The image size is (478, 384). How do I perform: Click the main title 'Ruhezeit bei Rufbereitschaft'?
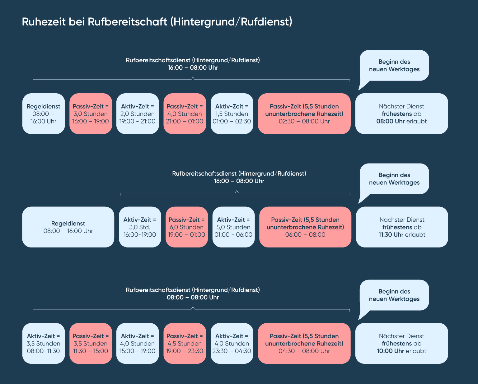tap(157, 22)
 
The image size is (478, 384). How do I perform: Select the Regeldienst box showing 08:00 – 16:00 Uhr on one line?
tap(68, 227)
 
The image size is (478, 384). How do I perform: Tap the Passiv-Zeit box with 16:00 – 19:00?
tap(91, 114)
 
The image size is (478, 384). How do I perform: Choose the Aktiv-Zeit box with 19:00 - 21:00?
tap(138, 114)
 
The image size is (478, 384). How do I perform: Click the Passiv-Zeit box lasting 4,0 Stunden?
tap(185, 114)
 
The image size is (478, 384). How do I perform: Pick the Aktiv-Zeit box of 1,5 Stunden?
tap(232, 114)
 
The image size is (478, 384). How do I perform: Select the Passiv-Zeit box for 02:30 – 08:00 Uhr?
tap(304, 114)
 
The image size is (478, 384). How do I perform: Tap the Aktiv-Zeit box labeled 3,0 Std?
tap(140, 227)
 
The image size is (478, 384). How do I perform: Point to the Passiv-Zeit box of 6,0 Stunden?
tap(187, 227)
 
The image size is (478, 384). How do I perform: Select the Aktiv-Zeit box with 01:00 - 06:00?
tap(233, 227)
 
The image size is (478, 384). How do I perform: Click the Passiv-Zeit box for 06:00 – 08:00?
tap(305, 227)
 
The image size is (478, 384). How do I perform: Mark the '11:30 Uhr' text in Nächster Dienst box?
tap(391, 235)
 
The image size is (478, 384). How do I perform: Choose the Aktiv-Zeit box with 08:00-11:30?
tap(44, 343)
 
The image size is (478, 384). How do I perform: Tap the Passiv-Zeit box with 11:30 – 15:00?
tap(91, 343)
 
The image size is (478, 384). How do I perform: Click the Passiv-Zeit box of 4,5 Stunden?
tap(185, 343)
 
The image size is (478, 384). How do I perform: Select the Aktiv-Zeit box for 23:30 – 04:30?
tap(232, 343)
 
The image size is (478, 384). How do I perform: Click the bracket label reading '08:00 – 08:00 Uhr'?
tap(193, 298)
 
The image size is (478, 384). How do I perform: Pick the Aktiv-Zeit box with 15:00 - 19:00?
tap(138, 343)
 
